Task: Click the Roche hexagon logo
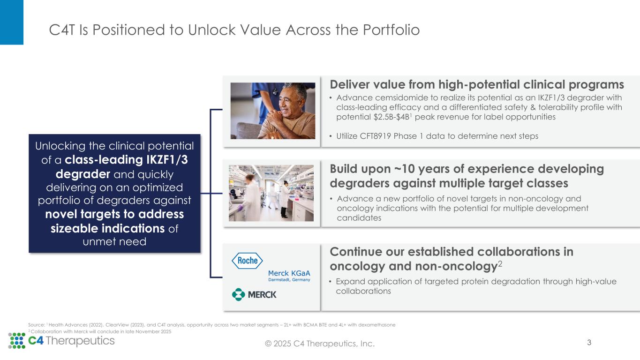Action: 247,261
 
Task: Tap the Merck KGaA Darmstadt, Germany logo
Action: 289,276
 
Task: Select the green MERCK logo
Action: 254,294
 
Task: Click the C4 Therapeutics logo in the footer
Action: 62,340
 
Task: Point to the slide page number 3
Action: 589,342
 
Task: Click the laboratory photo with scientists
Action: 271,193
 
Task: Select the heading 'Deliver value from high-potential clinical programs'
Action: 477,84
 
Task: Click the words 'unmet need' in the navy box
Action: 115,241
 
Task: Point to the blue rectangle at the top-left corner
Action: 11,22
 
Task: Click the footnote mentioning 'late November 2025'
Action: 99,331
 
